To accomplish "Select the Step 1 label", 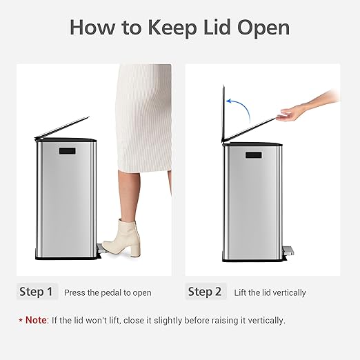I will click(x=36, y=292).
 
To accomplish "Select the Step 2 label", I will click(x=205, y=292).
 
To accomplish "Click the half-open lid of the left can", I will click(x=63, y=128).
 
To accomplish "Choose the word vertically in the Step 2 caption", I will click(x=288, y=292).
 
